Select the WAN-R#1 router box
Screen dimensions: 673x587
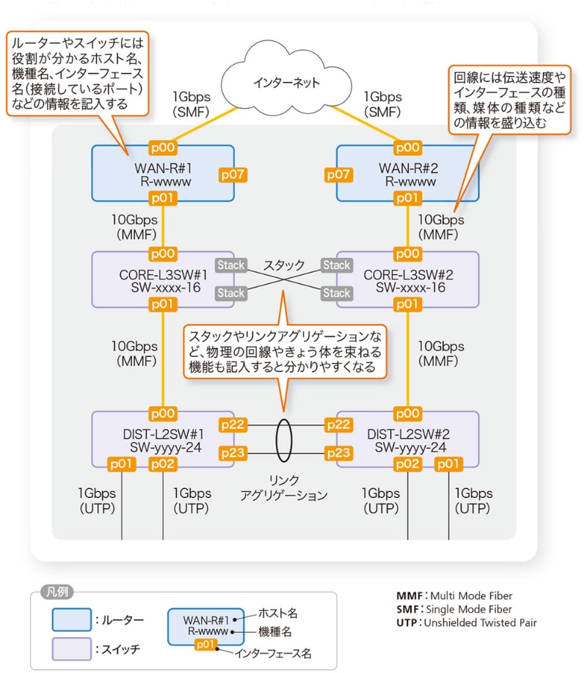tap(162, 173)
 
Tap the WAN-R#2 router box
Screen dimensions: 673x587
tap(408, 173)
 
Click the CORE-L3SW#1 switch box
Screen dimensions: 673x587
tap(162, 279)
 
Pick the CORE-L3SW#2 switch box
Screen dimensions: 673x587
tap(408, 279)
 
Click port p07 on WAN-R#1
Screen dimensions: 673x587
tap(233, 174)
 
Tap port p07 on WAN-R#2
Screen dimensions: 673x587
tap(338, 174)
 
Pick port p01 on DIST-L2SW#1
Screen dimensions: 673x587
tap(122, 465)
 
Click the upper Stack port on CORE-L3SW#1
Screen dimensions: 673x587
tap(230, 265)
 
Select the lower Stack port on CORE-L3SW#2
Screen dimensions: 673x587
tap(337, 293)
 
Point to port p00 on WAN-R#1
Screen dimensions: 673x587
tap(162, 147)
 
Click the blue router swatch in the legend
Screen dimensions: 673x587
tap(71, 619)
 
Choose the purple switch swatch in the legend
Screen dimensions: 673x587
tap(71, 649)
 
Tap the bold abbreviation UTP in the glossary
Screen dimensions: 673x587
tap(406, 623)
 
